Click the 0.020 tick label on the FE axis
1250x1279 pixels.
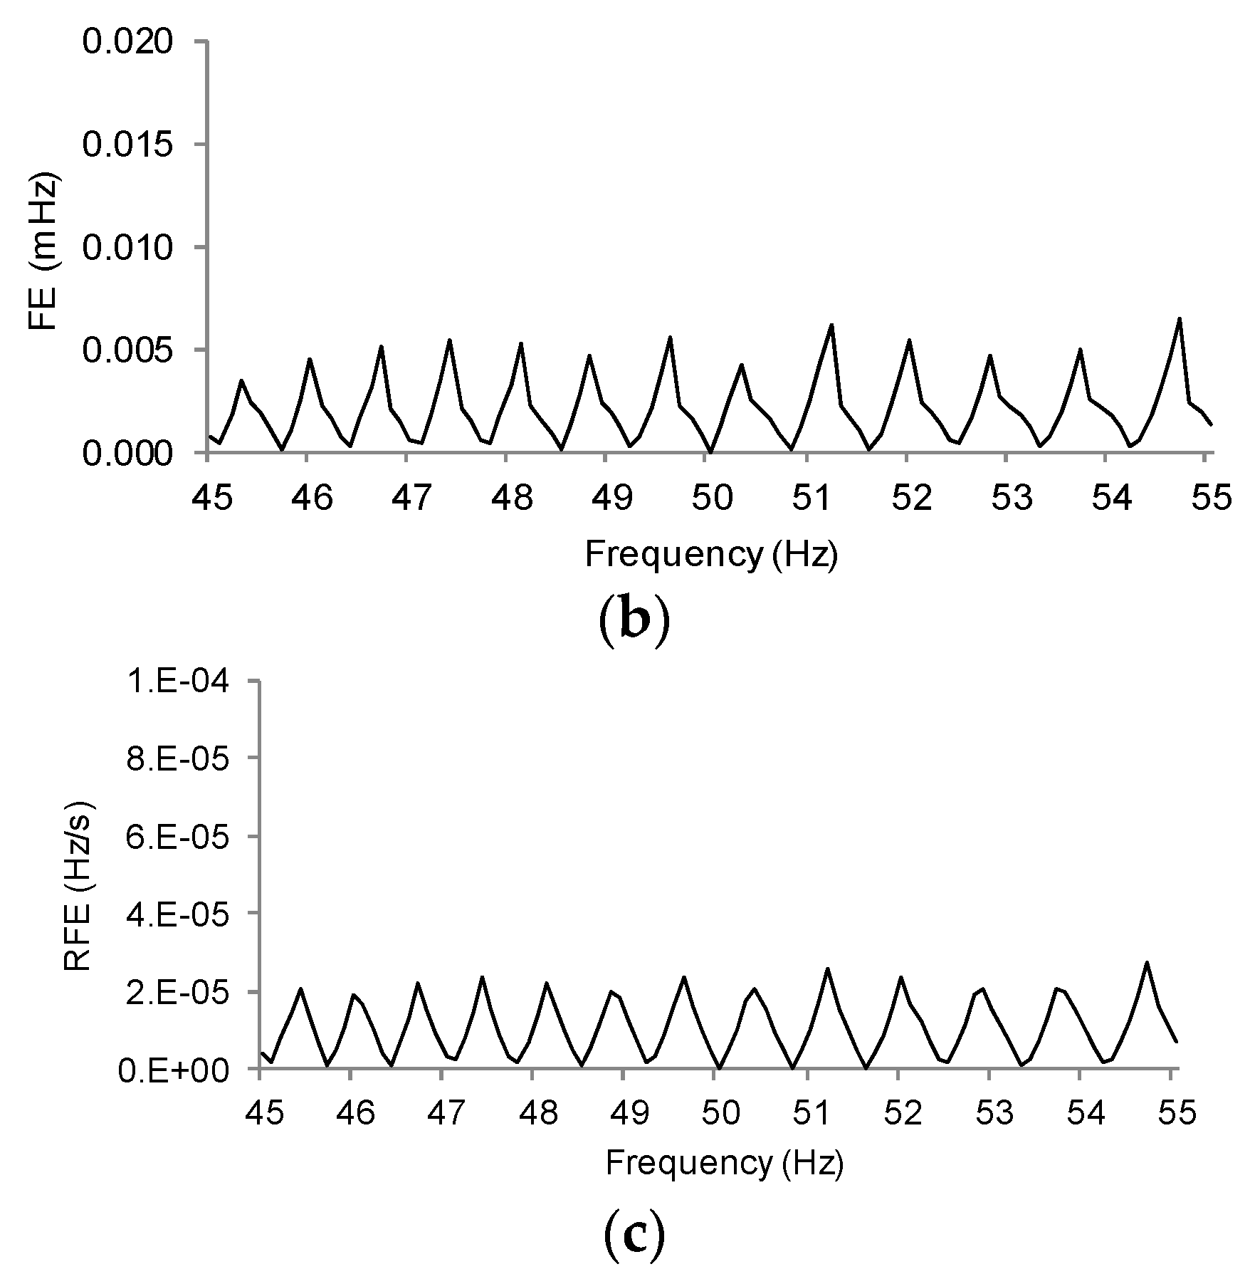click(x=127, y=42)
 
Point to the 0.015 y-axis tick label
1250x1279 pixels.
click(x=127, y=145)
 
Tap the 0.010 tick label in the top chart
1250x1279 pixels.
click(x=127, y=248)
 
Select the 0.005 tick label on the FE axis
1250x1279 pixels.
click(x=127, y=350)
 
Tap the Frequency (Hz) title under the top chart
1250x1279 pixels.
click(x=711, y=555)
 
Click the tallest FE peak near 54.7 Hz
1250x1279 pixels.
click(x=1179, y=319)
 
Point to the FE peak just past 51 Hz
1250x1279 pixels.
click(x=831, y=325)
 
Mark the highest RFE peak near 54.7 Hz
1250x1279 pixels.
click(x=1146, y=964)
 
